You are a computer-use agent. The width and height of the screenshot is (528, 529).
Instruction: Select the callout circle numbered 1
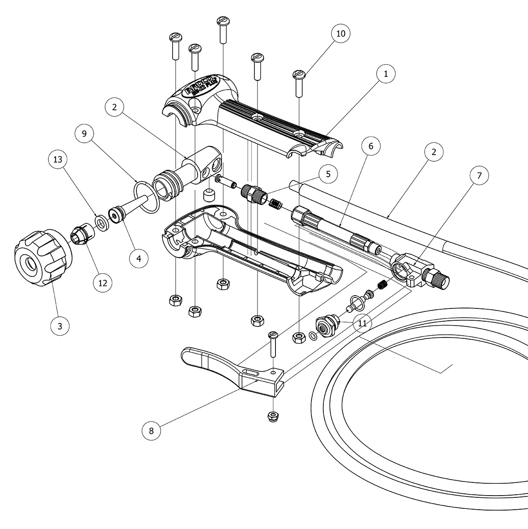[x=385, y=74]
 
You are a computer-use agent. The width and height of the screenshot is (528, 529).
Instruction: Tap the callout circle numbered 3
[x=60, y=326]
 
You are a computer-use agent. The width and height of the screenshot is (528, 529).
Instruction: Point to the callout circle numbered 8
[x=151, y=430]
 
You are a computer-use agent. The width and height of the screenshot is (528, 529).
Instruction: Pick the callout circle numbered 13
[x=58, y=159]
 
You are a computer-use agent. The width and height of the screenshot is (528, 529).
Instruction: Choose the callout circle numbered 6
[x=370, y=146]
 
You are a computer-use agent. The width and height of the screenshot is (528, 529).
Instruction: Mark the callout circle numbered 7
[x=479, y=176]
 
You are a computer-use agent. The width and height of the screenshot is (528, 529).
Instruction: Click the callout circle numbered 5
[x=328, y=174]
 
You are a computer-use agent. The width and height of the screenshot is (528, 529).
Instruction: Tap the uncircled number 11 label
[x=362, y=323]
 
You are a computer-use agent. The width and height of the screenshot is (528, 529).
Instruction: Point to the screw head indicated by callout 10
[x=299, y=74]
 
